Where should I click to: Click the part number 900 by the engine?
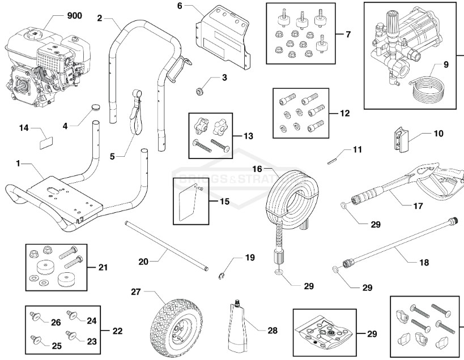click(74, 15)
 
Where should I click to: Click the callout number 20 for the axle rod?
click(144, 262)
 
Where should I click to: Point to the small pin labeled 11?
click(333, 160)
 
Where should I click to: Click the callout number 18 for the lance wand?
click(424, 262)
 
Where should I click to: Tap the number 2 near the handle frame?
click(100, 18)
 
